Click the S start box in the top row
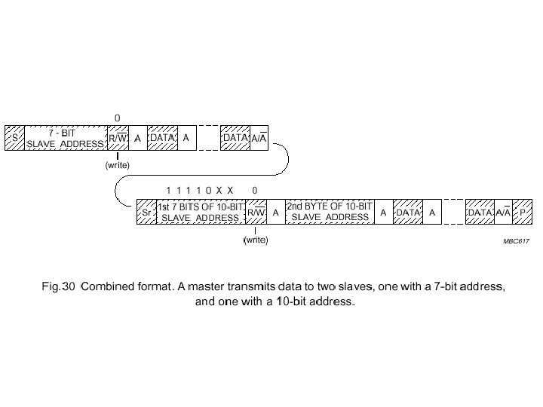(14, 139)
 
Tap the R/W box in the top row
(118, 139)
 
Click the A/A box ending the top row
(259, 139)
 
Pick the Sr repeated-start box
(146, 213)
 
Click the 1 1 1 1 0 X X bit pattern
(200, 190)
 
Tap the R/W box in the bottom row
(256, 213)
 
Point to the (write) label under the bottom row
(256, 240)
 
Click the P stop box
(523, 213)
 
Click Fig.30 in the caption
(58, 286)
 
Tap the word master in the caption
(219, 286)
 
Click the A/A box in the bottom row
(503, 213)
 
